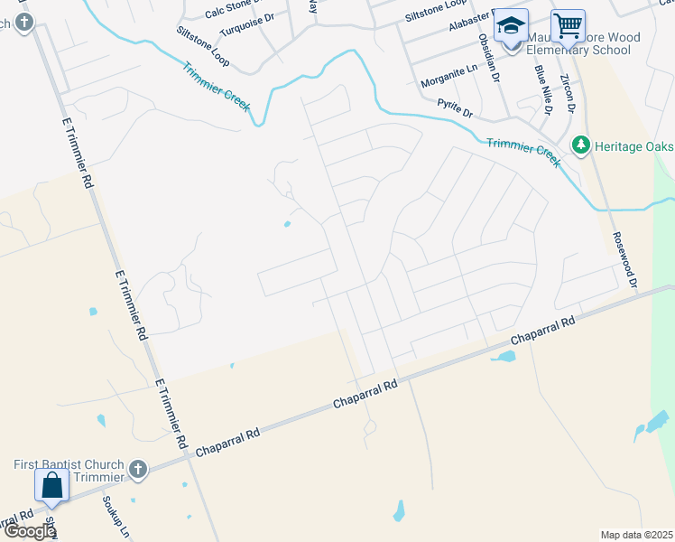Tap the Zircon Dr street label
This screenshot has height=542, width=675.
567,94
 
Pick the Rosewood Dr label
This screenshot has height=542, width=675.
624,258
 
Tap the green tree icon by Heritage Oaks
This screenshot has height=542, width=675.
581,145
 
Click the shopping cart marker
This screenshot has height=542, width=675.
568,26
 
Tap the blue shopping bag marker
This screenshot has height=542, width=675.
52,485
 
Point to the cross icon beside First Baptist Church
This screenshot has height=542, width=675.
137,469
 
